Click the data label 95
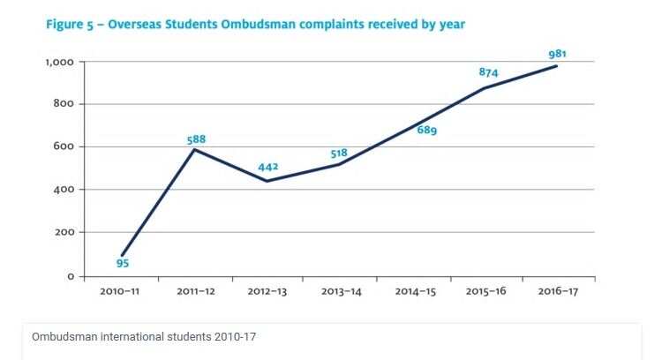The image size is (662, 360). point(123,262)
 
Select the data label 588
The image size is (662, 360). point(197,139)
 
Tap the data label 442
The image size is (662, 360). point(268,168)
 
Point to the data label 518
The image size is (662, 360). point(339,153)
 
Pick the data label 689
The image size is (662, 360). point(427,131)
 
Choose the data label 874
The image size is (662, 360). point(489,71)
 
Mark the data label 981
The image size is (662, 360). point(557,54)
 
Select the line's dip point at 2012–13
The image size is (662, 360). point(267,181)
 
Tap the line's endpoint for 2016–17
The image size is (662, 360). point(557,66)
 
